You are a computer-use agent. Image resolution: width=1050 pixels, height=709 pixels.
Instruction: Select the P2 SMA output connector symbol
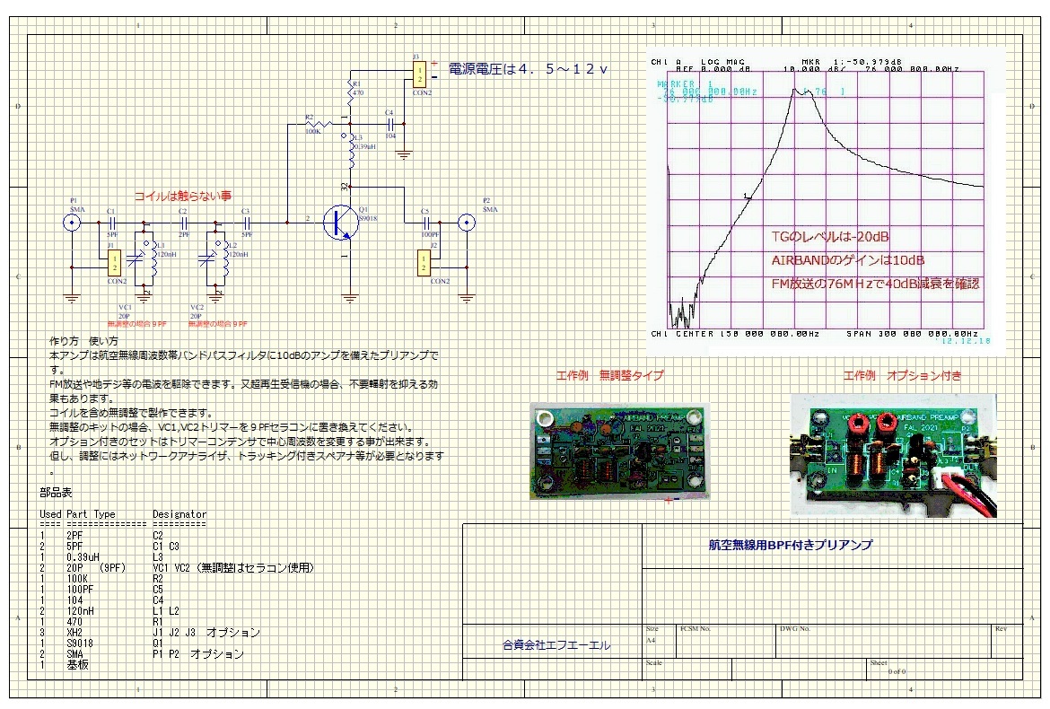click(467, 222)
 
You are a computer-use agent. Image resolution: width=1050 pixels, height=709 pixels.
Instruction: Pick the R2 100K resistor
click(312, 123)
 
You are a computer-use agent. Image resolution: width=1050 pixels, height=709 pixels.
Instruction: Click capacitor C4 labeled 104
click(389, 123)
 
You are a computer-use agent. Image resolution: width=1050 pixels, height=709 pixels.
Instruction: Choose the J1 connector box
click(115, 262)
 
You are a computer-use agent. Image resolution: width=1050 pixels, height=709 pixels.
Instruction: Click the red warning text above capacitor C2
click(182, 196)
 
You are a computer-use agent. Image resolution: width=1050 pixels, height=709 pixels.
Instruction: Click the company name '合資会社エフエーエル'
click(556, 644)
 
